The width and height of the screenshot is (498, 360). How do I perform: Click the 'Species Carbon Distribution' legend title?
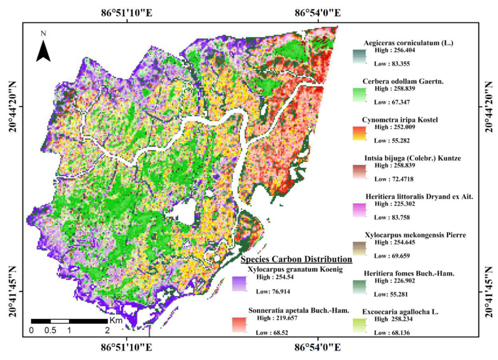tap(296, 259)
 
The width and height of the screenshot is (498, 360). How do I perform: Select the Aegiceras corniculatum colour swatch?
tap(359, 56)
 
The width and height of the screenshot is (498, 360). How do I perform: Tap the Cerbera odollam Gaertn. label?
tap(403, 81)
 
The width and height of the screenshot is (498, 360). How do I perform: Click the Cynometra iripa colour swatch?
tap(359, 133)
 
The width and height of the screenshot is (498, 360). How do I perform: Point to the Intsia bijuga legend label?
tap(412, 158)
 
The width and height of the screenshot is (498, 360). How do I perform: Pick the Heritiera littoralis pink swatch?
tap(359, 210)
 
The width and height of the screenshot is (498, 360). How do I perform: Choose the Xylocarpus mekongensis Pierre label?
tap(415, 235)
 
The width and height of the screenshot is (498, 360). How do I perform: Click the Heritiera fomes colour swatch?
tap(359, 287)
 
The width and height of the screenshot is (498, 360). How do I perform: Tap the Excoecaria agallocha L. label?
tap(400, 312)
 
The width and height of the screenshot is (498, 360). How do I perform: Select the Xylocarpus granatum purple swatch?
tap(239, 283)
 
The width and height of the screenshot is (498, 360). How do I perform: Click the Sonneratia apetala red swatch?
tap(239, 324)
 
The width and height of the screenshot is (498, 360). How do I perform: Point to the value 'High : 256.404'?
tap(394, 50)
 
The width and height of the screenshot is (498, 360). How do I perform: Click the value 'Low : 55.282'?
tap(391, 141)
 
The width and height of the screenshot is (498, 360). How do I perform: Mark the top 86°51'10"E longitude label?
tap(126, 13)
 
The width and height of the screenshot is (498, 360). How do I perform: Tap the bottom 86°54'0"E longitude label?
tap(317, 347)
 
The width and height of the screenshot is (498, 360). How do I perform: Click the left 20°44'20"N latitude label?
tap(13, 107)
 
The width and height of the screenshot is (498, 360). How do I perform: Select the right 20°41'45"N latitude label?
tap(488, 292)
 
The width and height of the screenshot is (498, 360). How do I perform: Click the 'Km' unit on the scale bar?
tap(116, 321)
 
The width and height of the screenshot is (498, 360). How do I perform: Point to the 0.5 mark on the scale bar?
tap(50, 330)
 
